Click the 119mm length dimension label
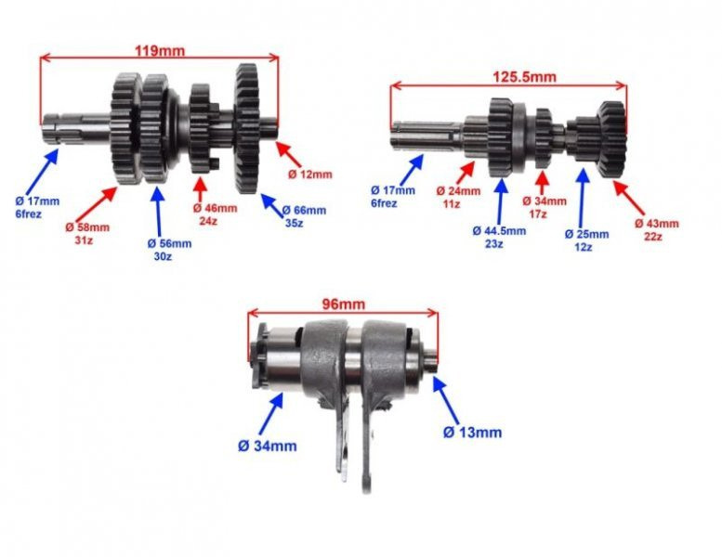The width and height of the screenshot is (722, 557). (159, 50)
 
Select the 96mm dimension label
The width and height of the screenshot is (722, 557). (343, 304)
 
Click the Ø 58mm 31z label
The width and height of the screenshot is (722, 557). (87, 233)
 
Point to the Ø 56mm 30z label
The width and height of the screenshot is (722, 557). (169, 250)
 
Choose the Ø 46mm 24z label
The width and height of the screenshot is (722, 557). (215, 214)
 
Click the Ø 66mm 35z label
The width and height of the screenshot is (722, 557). (304, 216)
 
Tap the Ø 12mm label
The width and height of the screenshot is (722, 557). (309, 175)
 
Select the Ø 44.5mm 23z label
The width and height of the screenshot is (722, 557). (499, 237)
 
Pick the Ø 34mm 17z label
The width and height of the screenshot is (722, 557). (545, 207)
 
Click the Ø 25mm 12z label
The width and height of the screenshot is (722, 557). (586, 240)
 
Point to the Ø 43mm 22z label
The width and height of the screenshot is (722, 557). (657, 230)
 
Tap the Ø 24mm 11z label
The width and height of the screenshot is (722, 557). (458, 197)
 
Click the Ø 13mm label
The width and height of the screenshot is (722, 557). (472, 433)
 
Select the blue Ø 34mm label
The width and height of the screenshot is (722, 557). (268, 446)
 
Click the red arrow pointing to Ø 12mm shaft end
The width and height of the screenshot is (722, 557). (288, 154)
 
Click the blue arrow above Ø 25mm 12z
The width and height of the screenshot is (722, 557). (583, 198)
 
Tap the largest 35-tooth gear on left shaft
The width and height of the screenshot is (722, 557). (247, 129)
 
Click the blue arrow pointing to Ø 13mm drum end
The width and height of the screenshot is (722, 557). (446, 400)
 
